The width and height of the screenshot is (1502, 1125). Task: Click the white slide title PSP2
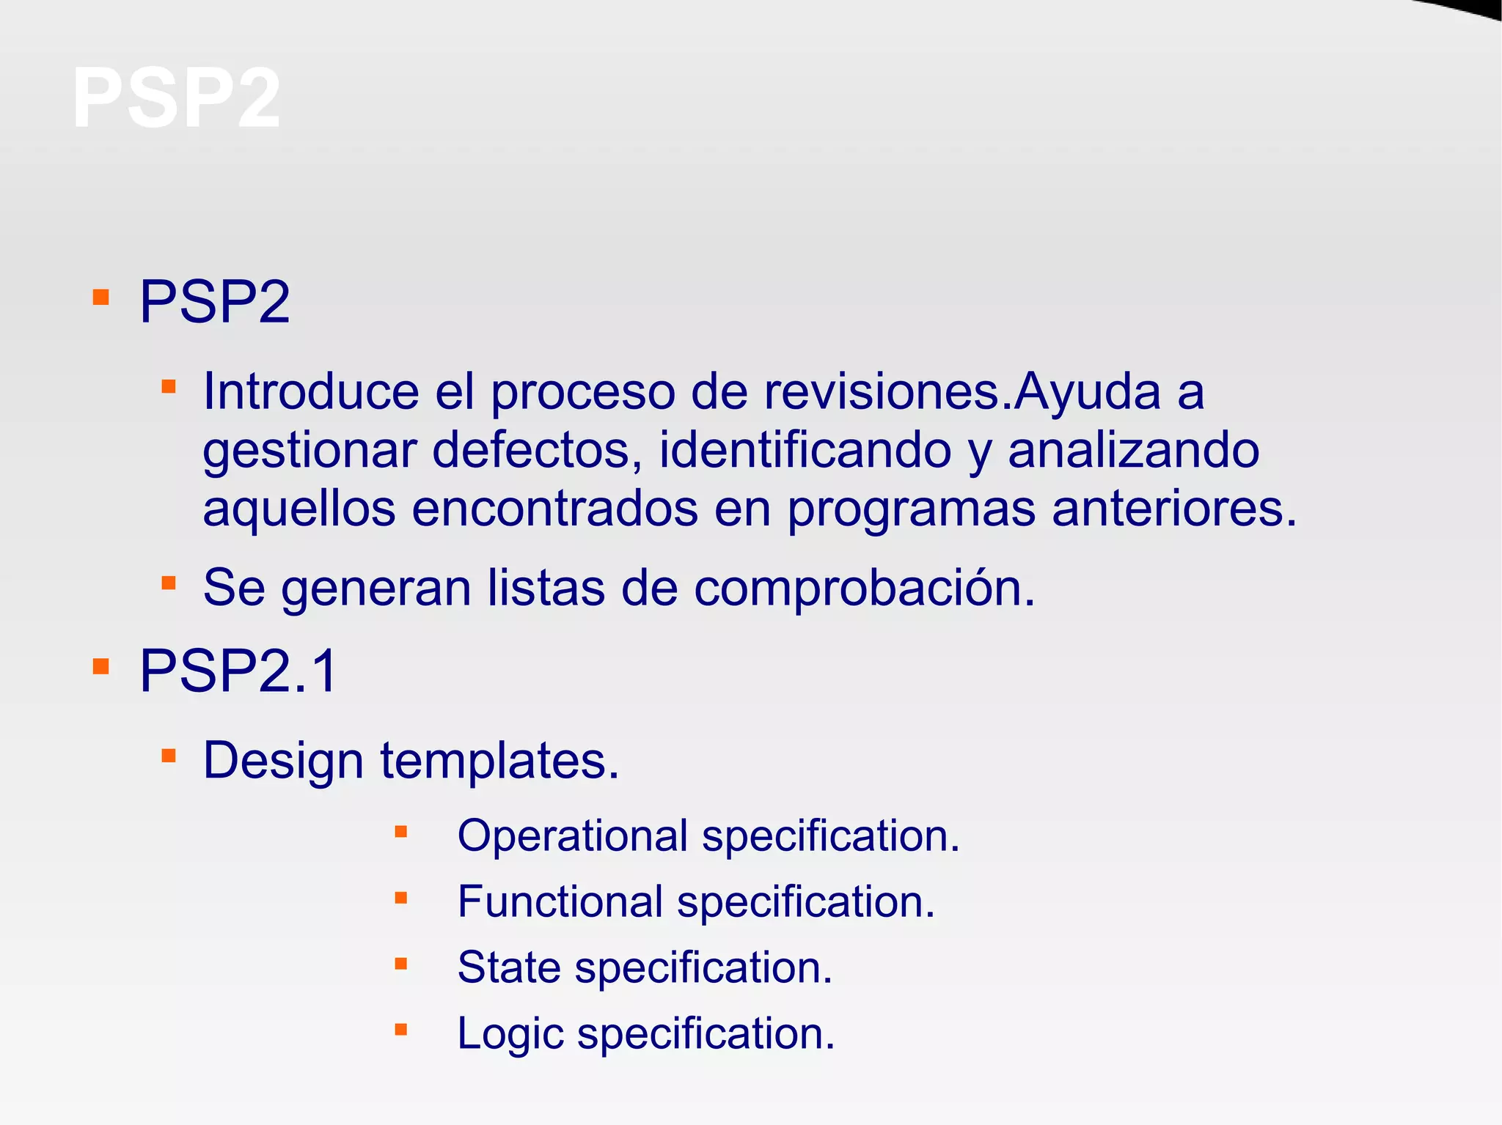(176, 98)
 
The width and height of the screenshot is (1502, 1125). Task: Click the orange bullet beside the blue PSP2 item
(101, 298)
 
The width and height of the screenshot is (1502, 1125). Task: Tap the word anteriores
(1173, 509)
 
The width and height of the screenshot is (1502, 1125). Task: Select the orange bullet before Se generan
(169, 583)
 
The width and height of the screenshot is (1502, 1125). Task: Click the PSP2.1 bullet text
(238, 671)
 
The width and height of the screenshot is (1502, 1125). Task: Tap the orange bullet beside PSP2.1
(101, 667)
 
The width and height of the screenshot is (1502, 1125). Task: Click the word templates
(499, 761)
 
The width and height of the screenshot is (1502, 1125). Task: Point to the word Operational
(573, 836)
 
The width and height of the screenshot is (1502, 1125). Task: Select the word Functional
(560, 901)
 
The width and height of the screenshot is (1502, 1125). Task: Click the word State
(509, 967)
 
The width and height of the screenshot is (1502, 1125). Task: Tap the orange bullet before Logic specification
(401, 1030)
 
